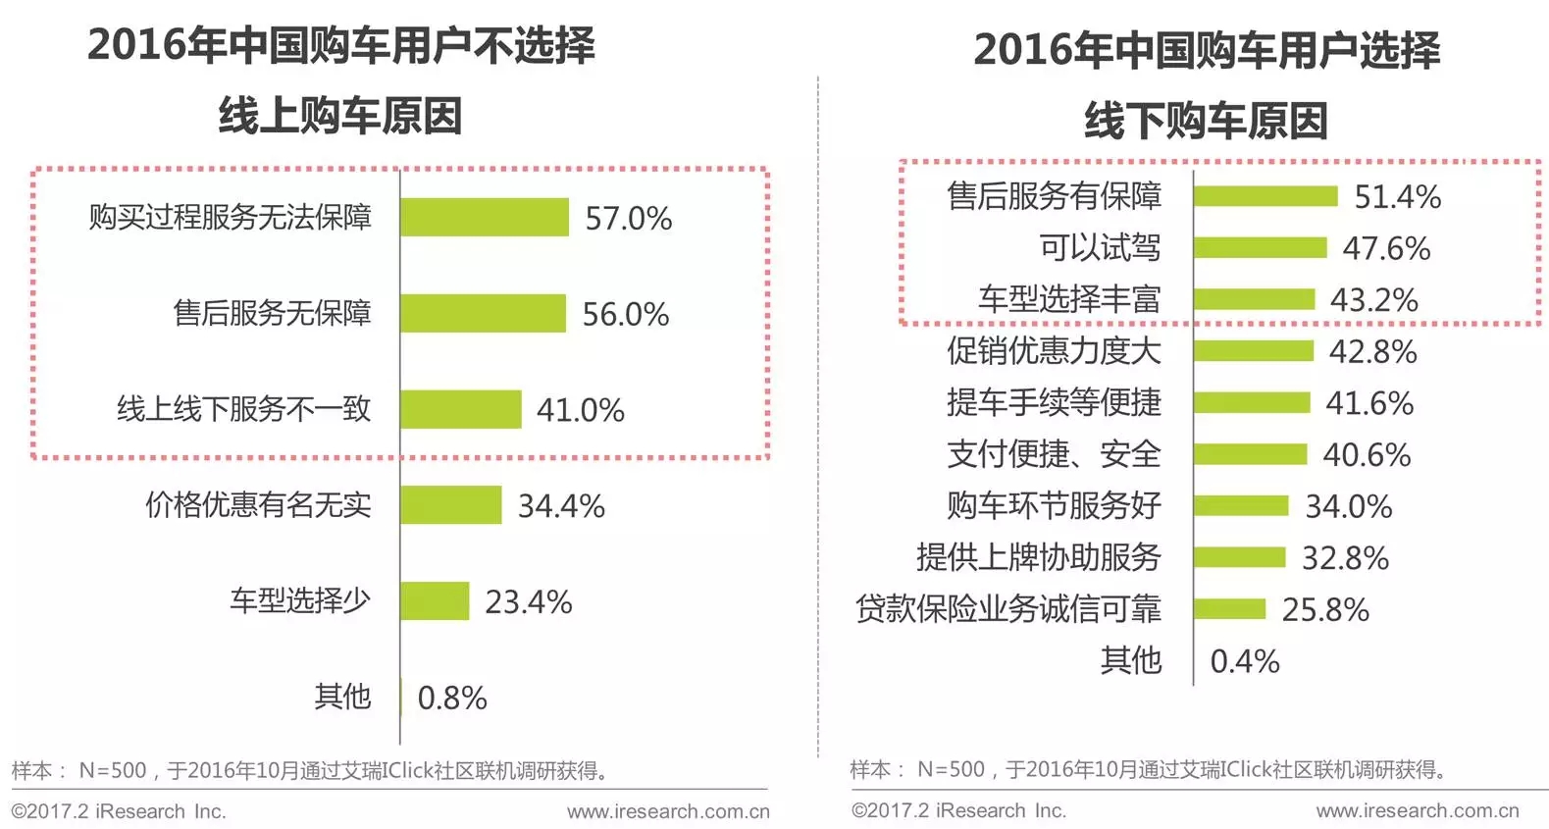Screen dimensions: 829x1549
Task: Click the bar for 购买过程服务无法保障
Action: (x=484, y=217)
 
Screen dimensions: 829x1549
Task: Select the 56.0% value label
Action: (x=625, y=314)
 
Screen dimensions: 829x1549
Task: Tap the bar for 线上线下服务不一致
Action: (x=460, y=409)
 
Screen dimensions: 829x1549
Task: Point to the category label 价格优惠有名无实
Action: (x=258, y=504)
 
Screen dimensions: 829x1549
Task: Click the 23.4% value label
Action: (x=528, y=601)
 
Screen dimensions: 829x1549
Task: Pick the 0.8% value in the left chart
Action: (x=451, y=698)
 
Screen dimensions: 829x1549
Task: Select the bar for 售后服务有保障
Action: (x=1265, y=196)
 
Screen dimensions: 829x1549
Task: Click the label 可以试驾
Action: (x=1099, y=247)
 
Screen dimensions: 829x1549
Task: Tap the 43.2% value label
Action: (x=1373, y=299)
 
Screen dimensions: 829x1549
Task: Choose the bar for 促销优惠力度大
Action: (x=1253, y=351)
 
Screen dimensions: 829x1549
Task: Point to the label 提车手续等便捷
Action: (x=1053, y=402)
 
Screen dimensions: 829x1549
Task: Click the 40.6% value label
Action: (x=1366, y=454)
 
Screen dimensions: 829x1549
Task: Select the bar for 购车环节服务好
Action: (x=1240, y=505)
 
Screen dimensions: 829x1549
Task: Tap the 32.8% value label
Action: (x=1344, y=557)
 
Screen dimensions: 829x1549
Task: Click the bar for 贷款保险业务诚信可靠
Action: (x=1229, y=609)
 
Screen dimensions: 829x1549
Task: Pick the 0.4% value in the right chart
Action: (x=1244, y=661)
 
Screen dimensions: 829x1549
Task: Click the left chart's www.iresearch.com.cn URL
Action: (x=668, y=811)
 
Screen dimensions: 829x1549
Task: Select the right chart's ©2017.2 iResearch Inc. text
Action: (x=958, y=810)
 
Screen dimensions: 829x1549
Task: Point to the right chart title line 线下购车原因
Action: (x=1206, y=121)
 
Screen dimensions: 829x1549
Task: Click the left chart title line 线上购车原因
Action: (x=339, y=116)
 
